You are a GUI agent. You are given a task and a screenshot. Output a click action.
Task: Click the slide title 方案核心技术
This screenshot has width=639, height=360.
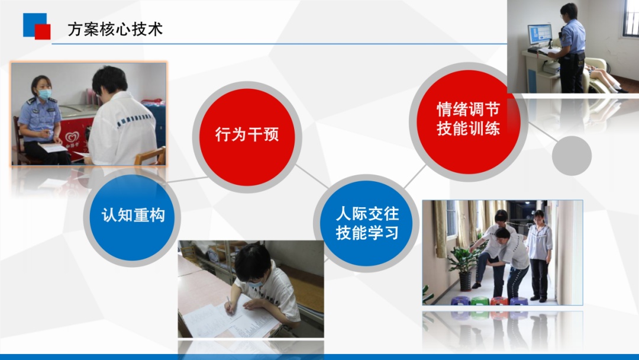(x=115, y=30)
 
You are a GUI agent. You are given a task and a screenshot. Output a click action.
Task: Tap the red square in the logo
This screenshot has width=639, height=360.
(x=43, y=32)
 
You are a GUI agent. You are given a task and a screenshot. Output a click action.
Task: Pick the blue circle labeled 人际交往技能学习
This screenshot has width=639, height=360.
(x=366, y=223)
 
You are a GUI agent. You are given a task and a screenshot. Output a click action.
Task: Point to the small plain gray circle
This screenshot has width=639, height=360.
(x=572, y=156)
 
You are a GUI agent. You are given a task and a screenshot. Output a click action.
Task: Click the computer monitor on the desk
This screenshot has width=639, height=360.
(x=540, y=35)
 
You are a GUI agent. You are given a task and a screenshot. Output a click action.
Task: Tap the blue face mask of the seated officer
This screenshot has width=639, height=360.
(x=44, y=94)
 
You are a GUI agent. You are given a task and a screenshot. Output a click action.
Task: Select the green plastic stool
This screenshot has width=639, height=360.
(x=480, y=301)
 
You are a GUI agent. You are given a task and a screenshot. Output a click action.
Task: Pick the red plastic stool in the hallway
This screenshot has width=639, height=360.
(x=499, y=301)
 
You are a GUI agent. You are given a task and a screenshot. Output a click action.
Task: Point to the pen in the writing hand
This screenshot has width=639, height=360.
(x=229, y=303)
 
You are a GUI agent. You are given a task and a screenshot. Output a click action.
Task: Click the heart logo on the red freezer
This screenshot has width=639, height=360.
(x=72, y=137)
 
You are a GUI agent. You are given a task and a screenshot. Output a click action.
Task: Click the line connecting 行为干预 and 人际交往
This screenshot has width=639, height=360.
(x=311, y=176)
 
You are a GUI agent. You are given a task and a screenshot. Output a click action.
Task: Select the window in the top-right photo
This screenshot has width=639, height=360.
(x=631, y=18)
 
